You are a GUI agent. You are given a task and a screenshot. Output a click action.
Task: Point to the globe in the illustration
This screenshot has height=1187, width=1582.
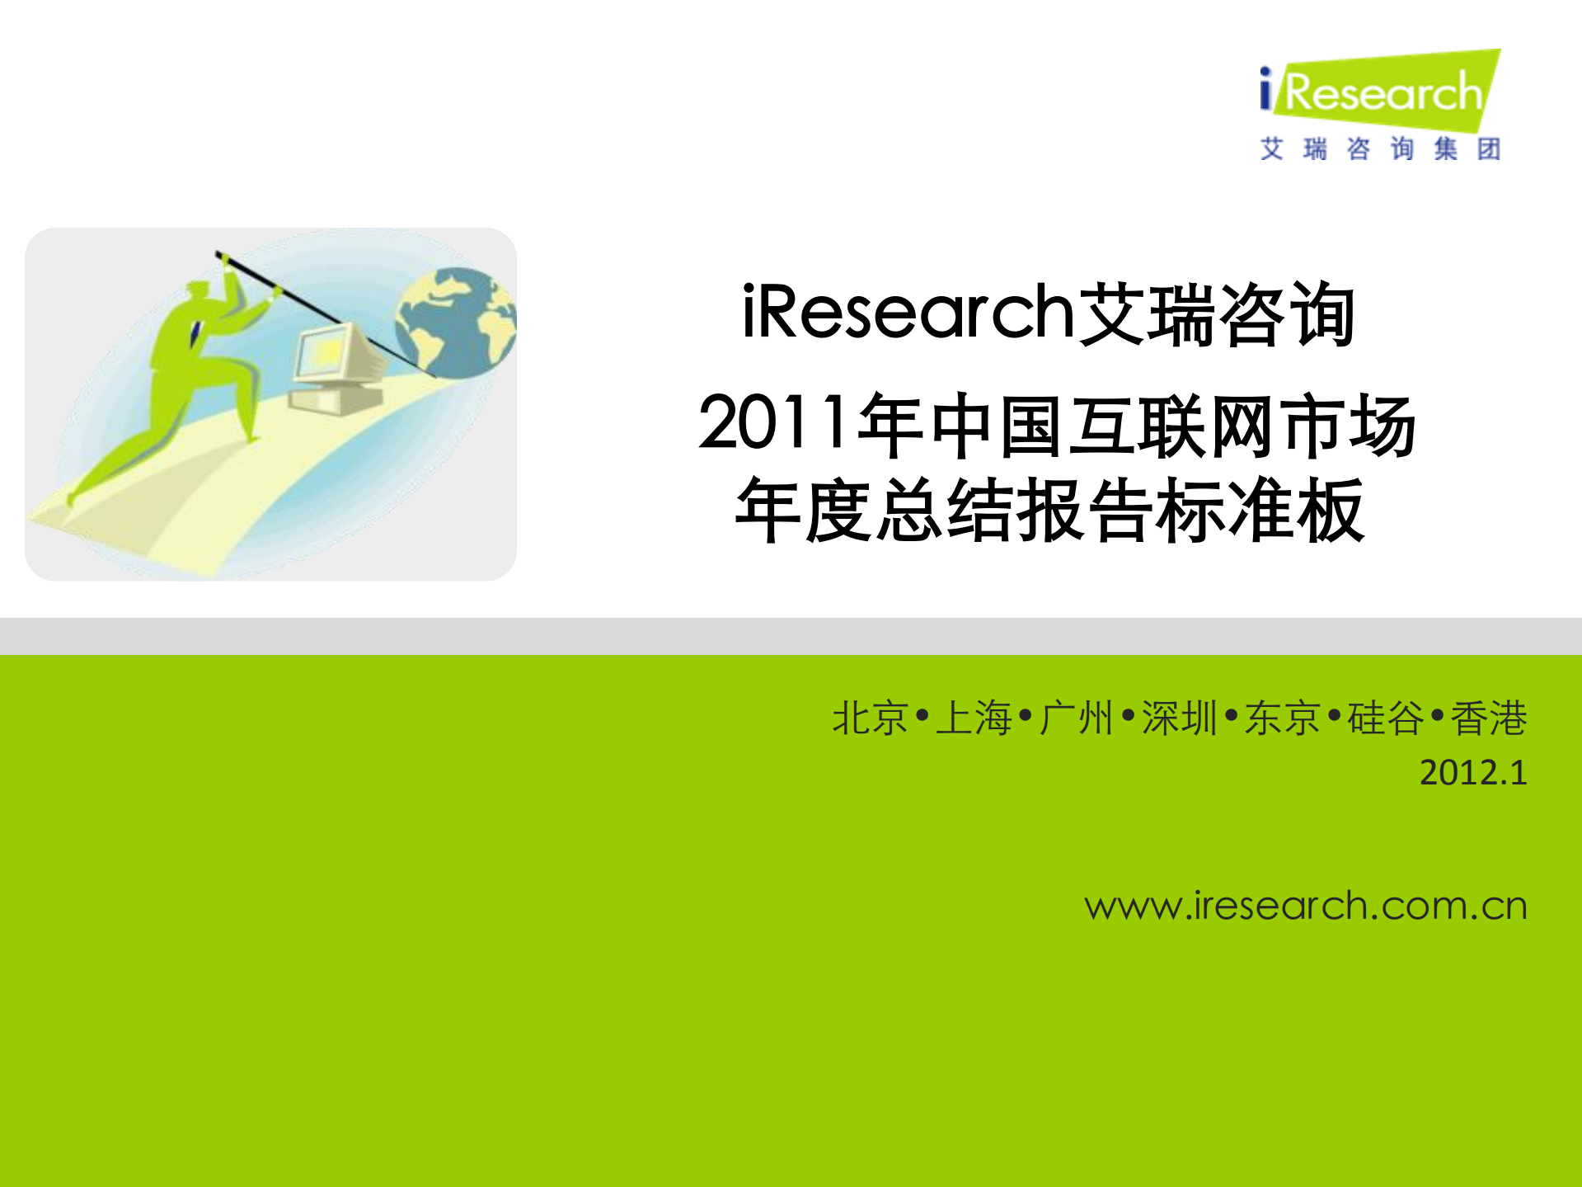point(455,322)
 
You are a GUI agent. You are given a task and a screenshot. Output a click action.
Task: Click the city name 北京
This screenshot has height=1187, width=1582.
point(870,718)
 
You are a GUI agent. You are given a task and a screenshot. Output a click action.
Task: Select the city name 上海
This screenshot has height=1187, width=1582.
point(974,718)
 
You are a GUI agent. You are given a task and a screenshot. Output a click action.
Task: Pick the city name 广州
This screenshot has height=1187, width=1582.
point(1077,718)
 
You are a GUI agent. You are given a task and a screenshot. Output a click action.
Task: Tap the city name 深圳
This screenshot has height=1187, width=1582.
point(1180,718)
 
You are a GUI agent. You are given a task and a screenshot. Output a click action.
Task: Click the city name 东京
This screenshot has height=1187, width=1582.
point(1283,718)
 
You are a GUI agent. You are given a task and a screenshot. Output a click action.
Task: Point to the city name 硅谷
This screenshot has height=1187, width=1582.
point(1386,718)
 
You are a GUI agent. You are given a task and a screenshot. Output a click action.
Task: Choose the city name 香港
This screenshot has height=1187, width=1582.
point(1489,718)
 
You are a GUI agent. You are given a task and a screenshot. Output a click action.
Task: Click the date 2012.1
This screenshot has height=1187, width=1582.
point(1473,773)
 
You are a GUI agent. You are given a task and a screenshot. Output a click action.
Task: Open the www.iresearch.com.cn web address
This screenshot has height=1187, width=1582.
point(1306,906)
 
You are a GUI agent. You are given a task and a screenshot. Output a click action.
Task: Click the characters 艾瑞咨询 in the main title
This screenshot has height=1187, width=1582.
point(1216,313)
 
